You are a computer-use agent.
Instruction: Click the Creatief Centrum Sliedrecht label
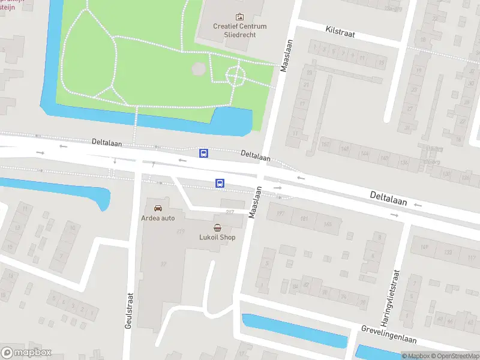tap(241, 31)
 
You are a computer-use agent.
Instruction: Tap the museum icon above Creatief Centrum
tap(241, 17)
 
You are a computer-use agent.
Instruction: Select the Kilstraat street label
tap(340, 32)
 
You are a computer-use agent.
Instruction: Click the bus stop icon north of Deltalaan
tap(204, 154)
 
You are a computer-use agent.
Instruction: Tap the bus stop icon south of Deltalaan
tap(220, 183)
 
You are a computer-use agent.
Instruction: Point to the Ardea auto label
tap(158, 218)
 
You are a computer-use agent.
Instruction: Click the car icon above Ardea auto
tap(158, 208)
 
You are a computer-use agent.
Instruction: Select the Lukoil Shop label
tap(217, 237)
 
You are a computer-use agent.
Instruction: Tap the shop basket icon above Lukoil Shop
tap(217, 227)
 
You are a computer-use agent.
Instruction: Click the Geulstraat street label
tap(128, 310)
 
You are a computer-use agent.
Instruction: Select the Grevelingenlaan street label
tap(389, 334)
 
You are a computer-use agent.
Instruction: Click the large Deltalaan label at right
tap(388, 199)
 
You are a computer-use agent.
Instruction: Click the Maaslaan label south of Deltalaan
tap(254, 202)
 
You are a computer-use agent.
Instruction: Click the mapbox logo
tap(26, 352)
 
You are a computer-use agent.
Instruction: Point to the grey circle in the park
tap(198, 70)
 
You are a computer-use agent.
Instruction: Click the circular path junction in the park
tap(235, 76)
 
